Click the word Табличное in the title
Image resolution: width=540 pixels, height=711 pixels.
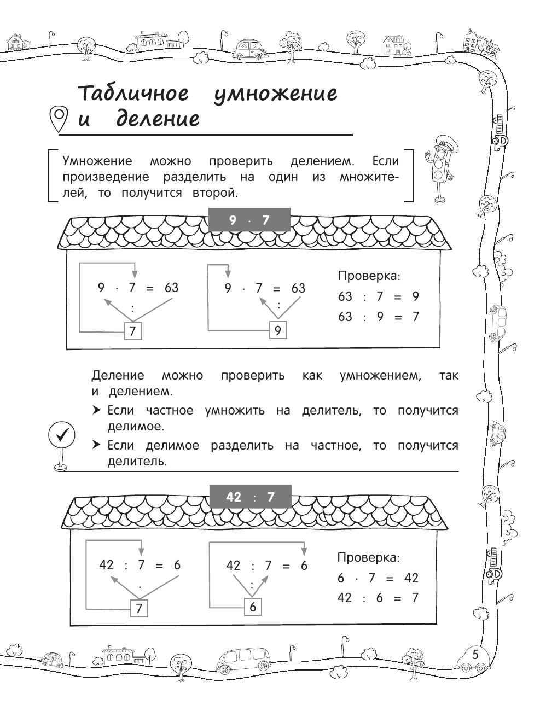pyautogui.click(x=133, y=94)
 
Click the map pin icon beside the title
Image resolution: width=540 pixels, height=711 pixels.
pyautogui.click(x=59, y=119)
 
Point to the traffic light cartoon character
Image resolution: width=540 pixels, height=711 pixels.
pyautogui.click(x=439, y=167)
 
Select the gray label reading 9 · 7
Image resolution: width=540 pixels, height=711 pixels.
pyautogui.click(x=250, y=220)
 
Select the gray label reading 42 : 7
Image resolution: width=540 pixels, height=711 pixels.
pyautogui.click(x=250, y=497)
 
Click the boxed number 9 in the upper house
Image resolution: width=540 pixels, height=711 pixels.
pyautogui.click(x=278, y=330)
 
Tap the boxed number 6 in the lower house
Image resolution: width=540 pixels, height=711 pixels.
pyautogui.click(x=252, y=607)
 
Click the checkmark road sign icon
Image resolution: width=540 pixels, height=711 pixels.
pyautogui.click(x=61, y=438)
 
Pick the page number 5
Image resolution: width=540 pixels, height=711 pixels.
pyautogui.click(x=475, y=655)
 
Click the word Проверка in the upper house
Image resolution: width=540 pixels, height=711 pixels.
pyautogui.click(x=369, y=276)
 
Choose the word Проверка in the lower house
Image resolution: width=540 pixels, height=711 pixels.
pyautogui.click(x=368, y=558)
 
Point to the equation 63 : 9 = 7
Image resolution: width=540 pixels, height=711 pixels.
pyautogui.click(x=378, y=317)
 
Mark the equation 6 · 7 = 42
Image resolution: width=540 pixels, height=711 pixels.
pyautogui.click(x=378, y=578)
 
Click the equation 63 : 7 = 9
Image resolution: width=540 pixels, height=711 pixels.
pyautogui.click(x=378, y=296)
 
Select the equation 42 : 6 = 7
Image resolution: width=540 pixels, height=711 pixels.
pyautogui.click(x=378, y=598)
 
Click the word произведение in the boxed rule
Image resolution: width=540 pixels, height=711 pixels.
pyautogui.click(x=106, y=177)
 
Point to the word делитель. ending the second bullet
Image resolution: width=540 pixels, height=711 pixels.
pyautogui.click(x=137, y=462)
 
